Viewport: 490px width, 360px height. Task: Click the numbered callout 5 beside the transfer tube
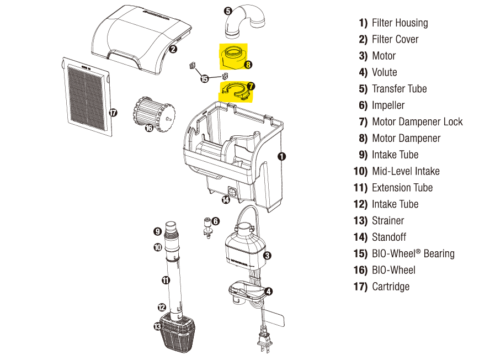tap(228, 10)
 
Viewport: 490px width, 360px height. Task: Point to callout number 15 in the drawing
tap(205, 79)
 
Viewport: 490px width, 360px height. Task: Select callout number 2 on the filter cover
tap(173, 49)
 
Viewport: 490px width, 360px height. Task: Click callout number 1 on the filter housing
tap(281, 156)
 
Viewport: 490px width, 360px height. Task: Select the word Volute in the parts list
tap(384, 72)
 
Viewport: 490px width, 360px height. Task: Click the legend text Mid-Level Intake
tap(406, 171)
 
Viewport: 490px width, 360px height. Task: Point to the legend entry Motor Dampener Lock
tap(417, 121)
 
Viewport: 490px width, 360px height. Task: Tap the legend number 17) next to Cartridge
tap(360, 287)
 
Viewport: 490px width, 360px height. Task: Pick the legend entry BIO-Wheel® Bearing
tap(413, 253)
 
